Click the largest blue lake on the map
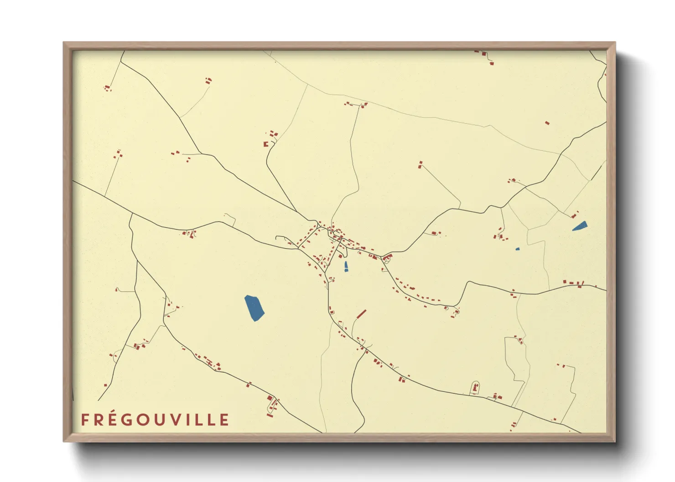pos(254,308)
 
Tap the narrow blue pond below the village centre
pos(346,267)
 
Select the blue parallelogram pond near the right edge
pos(580,226)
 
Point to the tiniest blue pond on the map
pos(517,249)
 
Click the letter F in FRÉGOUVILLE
pos(85,420)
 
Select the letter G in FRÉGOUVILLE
pos(130,420)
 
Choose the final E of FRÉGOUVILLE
pos(224,420)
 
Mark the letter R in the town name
pos(100,420)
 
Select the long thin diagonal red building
pos(361,314)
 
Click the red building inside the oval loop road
pos(475,389)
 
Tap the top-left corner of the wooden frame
pos(64,43)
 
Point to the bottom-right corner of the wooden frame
pos(615,441)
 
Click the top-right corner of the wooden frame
pos(615,43)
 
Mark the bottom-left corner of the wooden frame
pos(64,441)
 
